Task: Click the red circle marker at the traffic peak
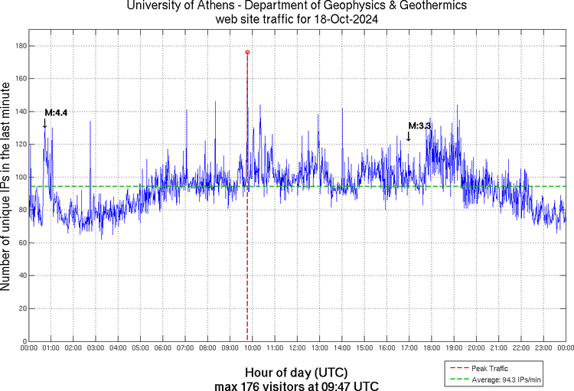(247, 52)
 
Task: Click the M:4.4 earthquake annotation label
(56, 112)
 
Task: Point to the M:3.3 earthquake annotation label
(420, 125)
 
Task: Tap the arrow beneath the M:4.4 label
(44, 123)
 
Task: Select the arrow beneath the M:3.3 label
(409, 136)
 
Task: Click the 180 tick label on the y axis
(21, 46)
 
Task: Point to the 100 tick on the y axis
(21, 178)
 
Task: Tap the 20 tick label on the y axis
(22, 308)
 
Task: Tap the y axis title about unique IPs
(7, 188)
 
